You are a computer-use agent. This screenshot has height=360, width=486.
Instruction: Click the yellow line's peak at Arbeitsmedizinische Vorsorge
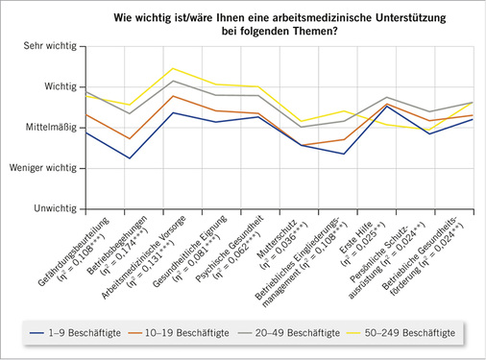(172, 68)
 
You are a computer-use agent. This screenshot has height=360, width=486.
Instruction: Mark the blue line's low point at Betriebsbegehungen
(129, 158)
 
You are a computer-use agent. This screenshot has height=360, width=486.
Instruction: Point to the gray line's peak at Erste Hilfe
(385, 97)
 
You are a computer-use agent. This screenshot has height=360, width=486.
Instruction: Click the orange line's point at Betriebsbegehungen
(129, 139)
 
